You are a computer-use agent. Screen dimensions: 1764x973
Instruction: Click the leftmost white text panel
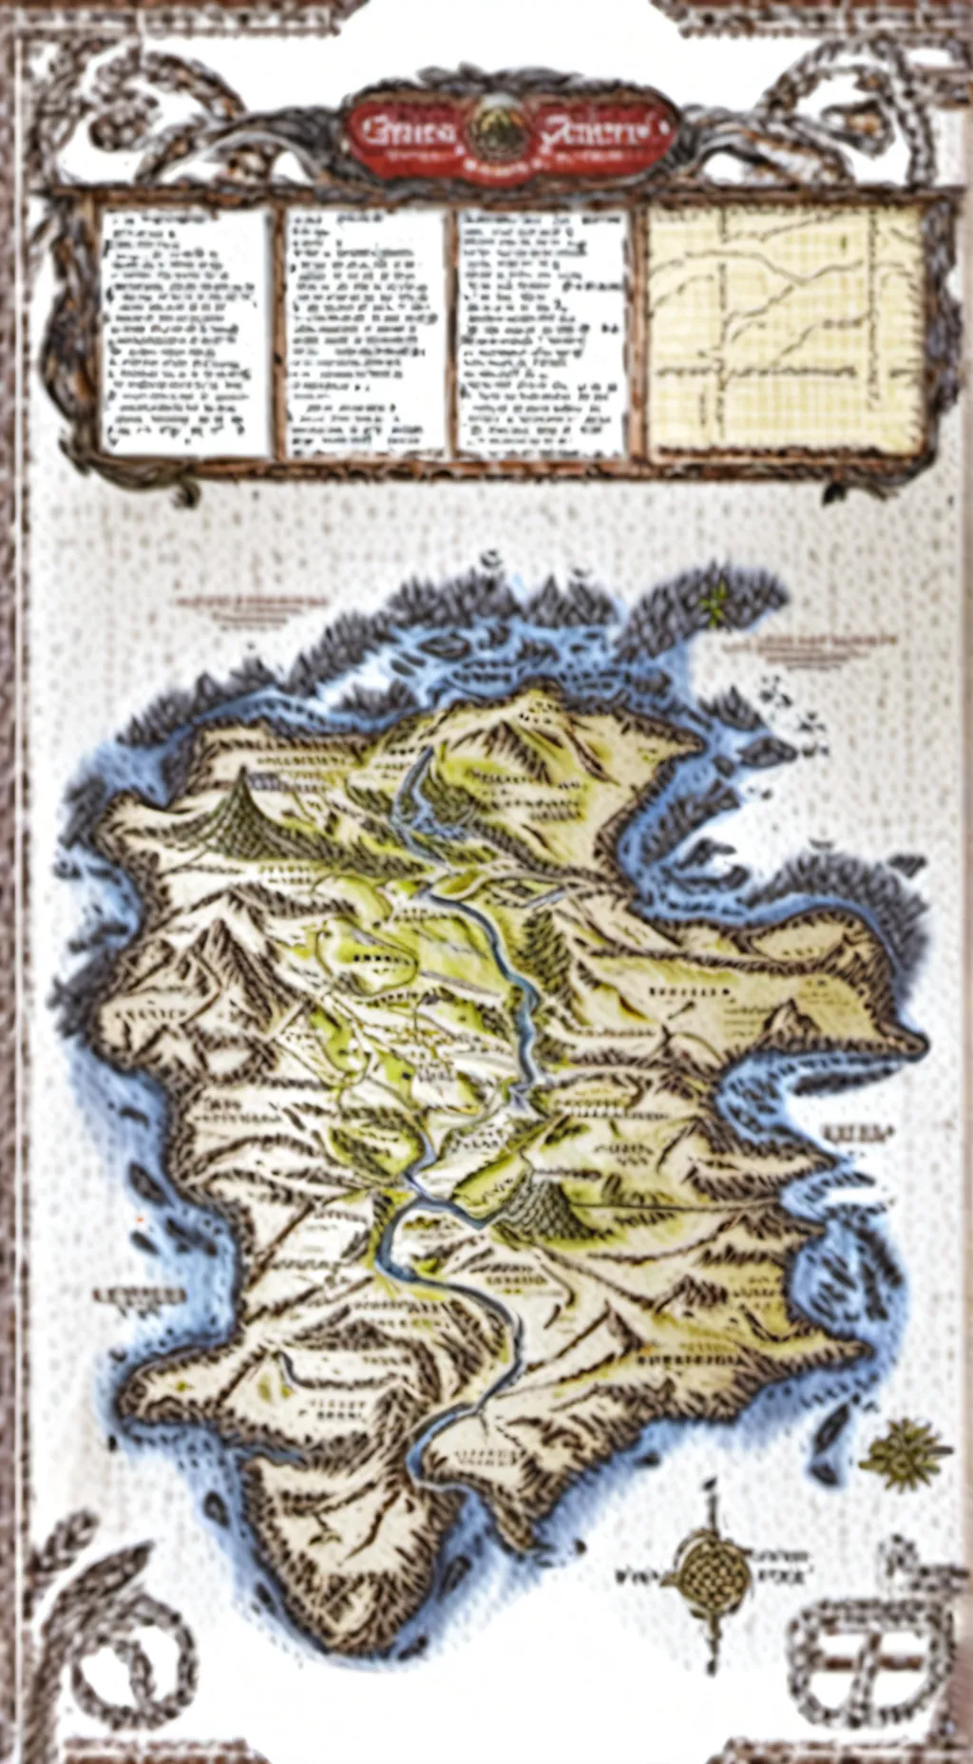point(185,330)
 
